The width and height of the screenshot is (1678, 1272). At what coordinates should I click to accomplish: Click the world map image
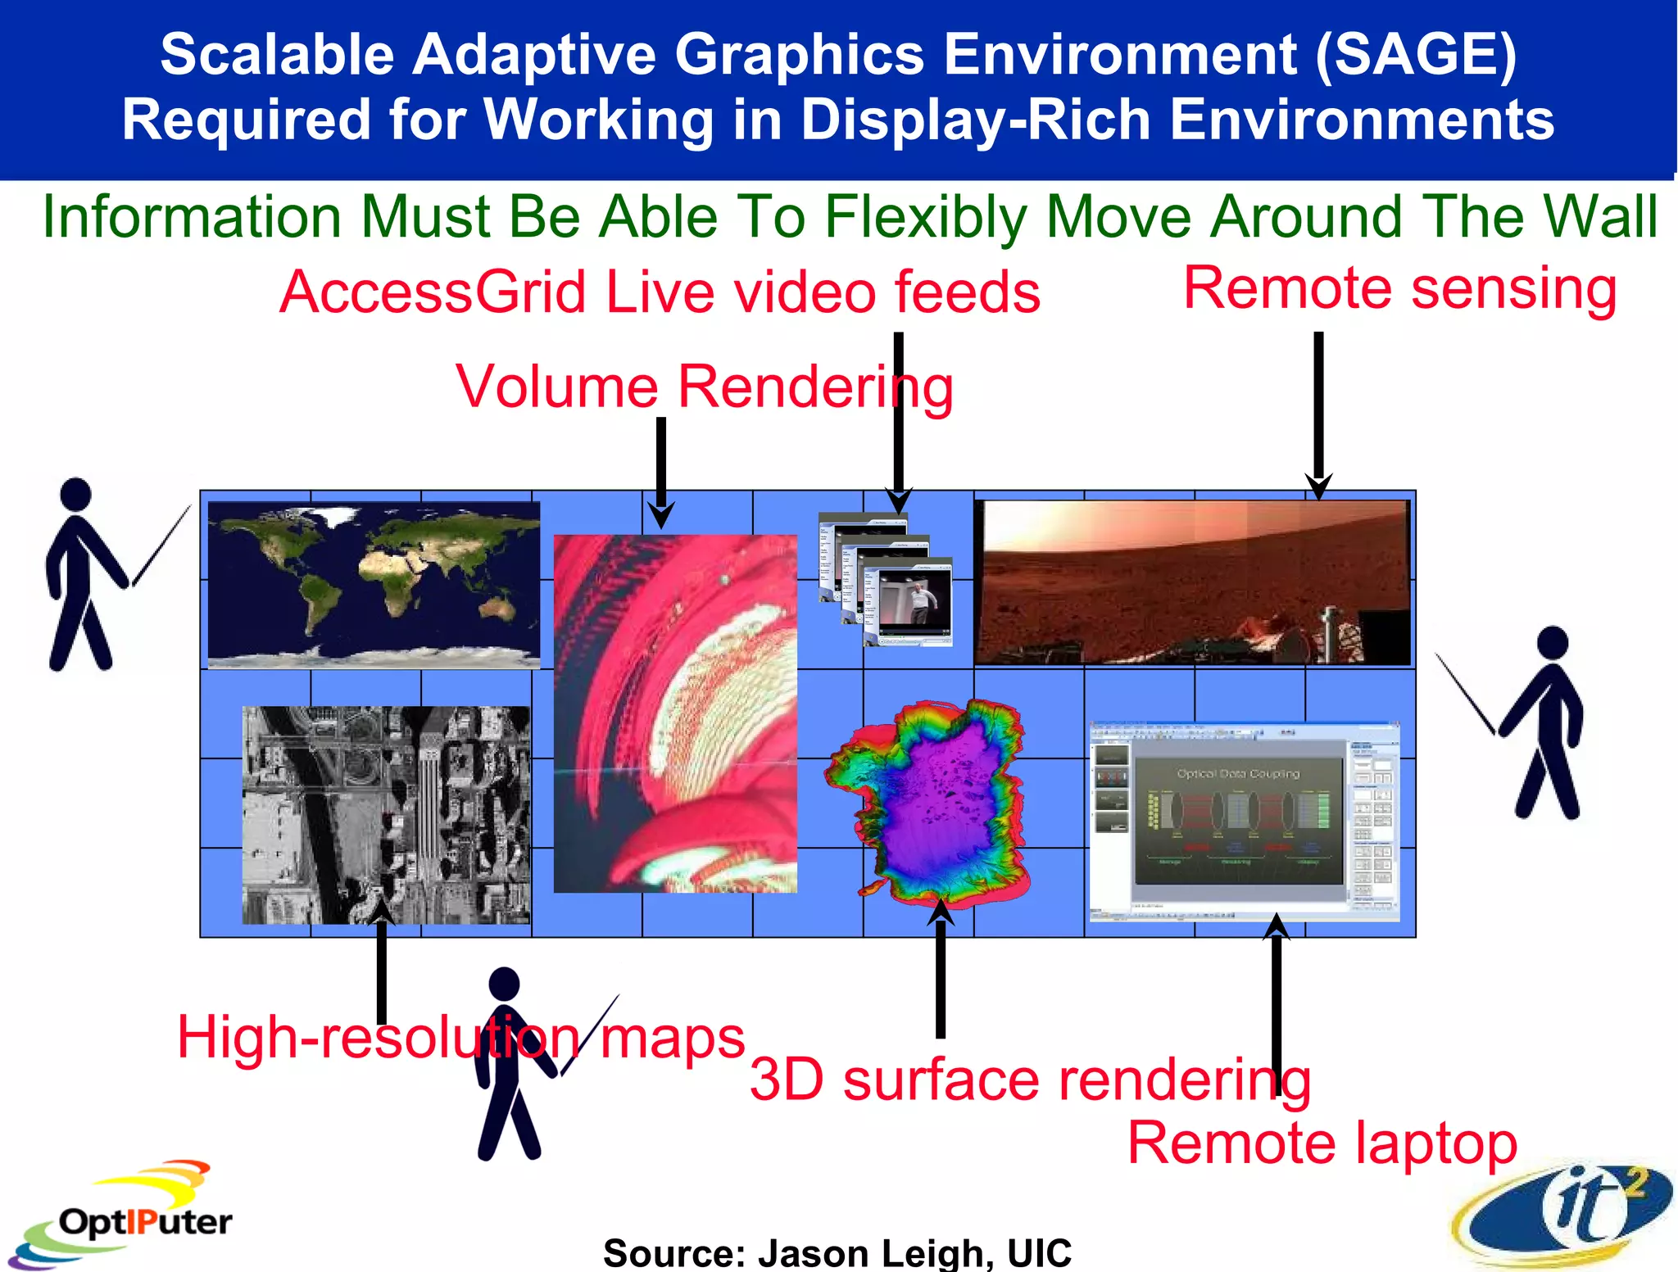coord(374,584)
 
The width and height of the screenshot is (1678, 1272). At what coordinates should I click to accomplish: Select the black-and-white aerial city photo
coord(386,814)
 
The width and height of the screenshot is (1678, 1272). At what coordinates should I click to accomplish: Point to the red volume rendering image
coord(675,713)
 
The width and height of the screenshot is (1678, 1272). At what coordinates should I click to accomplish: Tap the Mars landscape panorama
coord(1192,582)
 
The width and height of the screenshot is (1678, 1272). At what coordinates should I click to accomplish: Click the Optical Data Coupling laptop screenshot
coord(1244,822)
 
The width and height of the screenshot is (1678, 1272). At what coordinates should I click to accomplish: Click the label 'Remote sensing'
coord(1399,288)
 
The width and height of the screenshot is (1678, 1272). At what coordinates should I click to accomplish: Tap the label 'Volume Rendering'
coord(705,387)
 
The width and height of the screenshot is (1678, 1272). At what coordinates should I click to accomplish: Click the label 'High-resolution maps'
coord(460,1038)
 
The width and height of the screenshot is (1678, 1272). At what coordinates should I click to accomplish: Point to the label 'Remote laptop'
coord(1322,1143)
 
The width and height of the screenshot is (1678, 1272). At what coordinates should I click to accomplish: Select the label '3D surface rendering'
coord(1030,1080)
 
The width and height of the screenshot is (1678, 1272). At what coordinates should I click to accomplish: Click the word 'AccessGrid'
coord(433,292)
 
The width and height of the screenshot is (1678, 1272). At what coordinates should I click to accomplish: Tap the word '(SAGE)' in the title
coord(1416,55)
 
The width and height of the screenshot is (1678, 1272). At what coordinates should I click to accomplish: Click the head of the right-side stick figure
coord(1553,643)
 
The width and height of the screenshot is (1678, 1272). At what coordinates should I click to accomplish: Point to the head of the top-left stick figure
coord(76,494)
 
